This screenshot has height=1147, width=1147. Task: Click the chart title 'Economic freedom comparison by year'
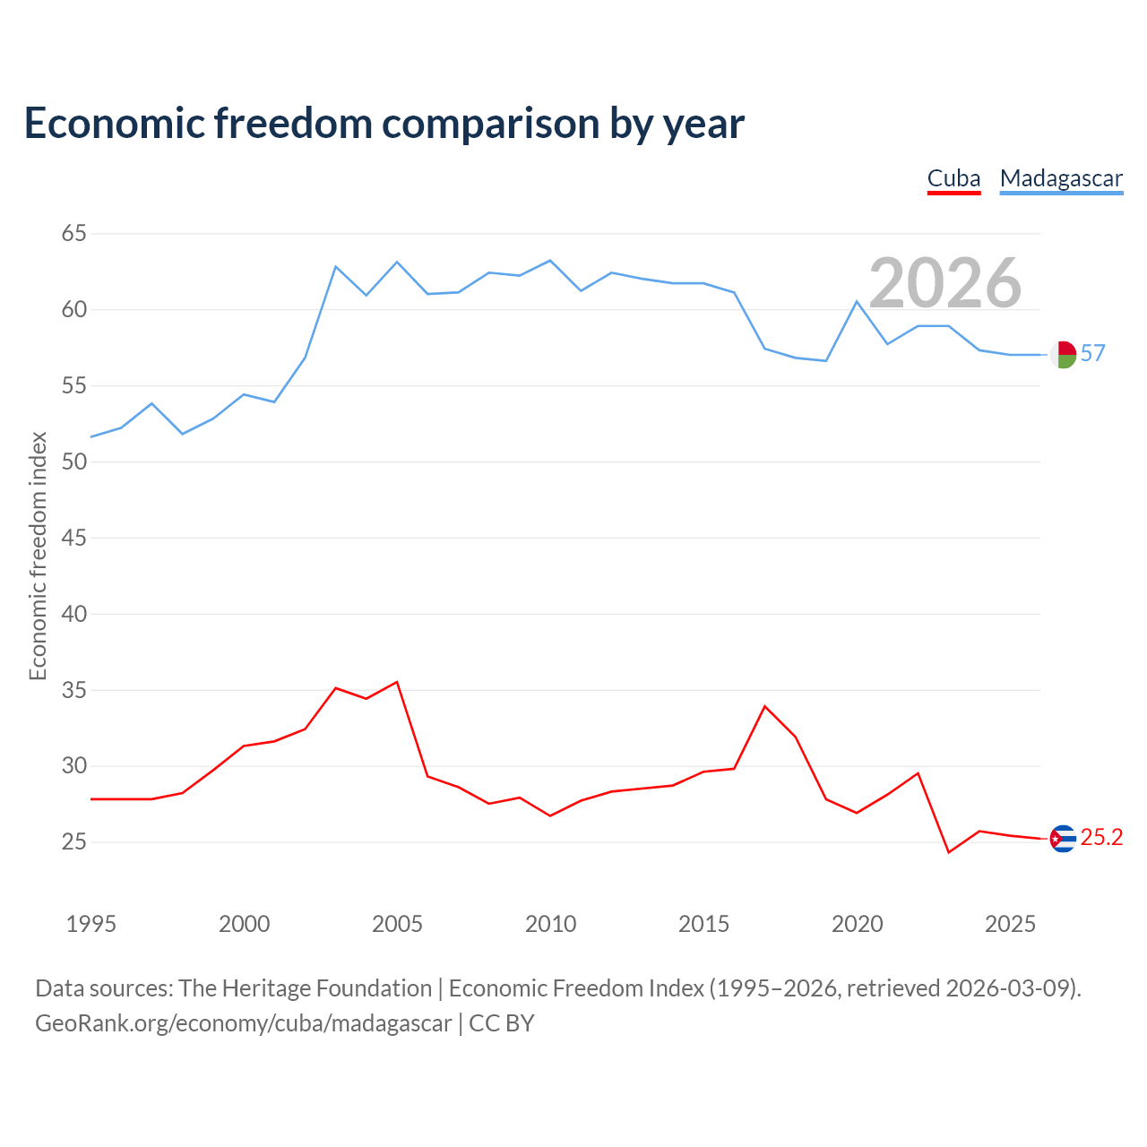[x=384, y=124]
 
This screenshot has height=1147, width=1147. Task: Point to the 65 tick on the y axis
[x=73, y=233]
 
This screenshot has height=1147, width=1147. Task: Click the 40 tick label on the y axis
[x=73, y=614]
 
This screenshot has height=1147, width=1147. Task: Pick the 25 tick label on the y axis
[x=73, y=841]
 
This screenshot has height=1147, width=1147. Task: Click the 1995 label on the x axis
[x=91, y=924]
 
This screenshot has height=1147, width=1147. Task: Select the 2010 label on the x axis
[x=550, y=924]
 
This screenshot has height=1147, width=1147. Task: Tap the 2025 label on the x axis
[x=1010, y=924]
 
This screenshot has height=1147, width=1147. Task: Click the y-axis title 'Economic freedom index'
[x=38, y=556]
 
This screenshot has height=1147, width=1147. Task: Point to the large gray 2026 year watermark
[x=945, y=283]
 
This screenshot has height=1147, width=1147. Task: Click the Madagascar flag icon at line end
[x=1063, y=355]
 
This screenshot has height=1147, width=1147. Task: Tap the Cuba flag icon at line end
[x=1063, y=839]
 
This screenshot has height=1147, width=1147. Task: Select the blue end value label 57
[x=1093, y=354]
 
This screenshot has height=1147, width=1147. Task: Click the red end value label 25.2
[x=1102, y=838]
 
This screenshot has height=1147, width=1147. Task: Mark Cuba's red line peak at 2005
[x=397, y=682]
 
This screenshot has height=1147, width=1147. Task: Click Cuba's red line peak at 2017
[x=765, y=706]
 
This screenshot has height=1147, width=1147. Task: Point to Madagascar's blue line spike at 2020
[x=857, y=301]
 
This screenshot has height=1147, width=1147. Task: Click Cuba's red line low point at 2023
[x=949, y=852]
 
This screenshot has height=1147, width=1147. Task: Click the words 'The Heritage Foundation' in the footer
[x=306, y=988]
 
